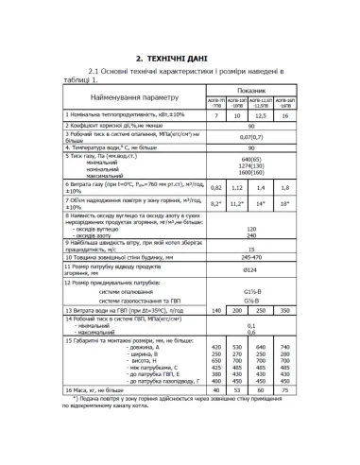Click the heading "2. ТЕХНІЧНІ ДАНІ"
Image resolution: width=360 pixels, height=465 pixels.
[x=180, y=56]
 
